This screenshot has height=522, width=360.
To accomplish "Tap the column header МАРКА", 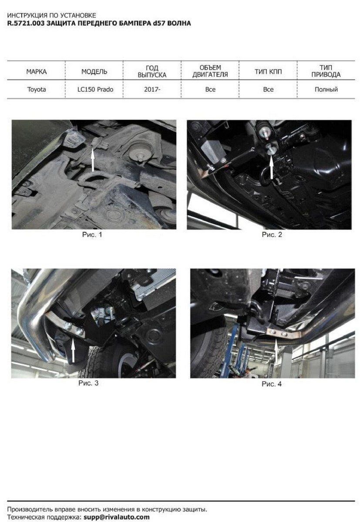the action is pos(37,72).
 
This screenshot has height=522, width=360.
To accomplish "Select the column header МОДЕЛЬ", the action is pos(94,72).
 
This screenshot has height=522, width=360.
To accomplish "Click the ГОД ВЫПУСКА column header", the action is pos(152,71).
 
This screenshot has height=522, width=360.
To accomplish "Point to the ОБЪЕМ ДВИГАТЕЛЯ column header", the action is pos(210,71).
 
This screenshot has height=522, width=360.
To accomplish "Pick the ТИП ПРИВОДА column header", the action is pos(326,71).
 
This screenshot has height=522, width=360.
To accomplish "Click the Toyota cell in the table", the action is pos(37,90).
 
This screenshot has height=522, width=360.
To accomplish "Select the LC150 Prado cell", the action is pos(95,90).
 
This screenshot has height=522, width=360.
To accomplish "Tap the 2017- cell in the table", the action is pos(152,90).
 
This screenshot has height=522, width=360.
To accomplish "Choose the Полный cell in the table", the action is pos(326,90).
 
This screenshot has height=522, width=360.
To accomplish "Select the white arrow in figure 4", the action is pos(276,351).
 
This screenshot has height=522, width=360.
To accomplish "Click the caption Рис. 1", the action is pos(92,234).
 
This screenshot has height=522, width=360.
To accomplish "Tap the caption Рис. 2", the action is pos(272,234).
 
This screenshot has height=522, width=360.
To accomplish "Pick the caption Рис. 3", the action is pos(88,383).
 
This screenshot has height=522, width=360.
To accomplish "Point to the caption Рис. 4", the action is pos(272,384).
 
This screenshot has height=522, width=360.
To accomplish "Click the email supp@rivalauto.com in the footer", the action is pos(117,516).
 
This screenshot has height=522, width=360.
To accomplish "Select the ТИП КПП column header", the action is pos(268,72).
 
